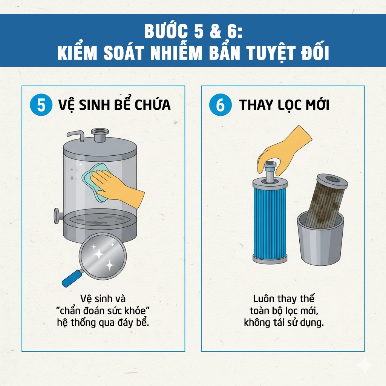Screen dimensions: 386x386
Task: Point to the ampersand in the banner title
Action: coord(215,32)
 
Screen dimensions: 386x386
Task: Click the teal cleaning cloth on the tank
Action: coord(95,182)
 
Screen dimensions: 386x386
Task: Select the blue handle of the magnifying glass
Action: coord(73,278)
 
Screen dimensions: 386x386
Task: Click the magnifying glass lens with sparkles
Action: coord(103,256)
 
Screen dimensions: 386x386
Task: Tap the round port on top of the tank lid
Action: coord(100,135)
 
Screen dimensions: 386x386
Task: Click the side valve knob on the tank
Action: coord(57,216)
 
